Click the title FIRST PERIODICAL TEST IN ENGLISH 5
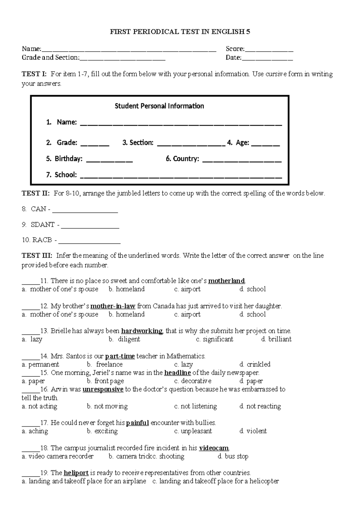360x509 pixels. pos(180,32)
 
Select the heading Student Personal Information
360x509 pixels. pos(159,106)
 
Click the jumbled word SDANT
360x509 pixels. pos(43,224)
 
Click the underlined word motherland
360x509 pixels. pos(226,281)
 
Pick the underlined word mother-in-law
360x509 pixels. pos(113,306)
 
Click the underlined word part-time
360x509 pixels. pos(120,356)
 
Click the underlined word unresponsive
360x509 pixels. pos(103,389)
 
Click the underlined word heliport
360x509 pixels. pos(76,473)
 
